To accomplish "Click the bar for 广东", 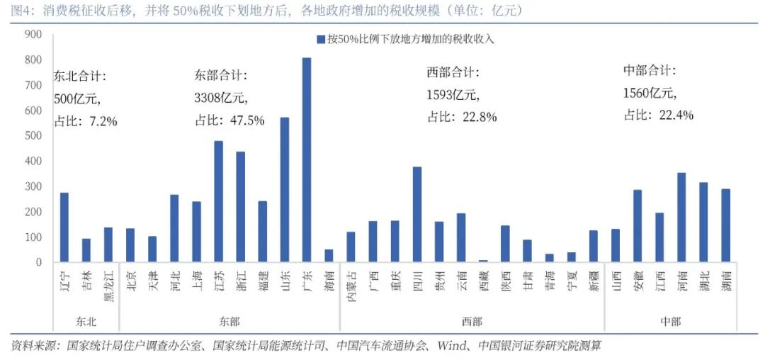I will tap(307, 160).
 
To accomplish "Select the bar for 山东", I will tap(285, 190).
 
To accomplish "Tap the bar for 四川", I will tap(417, 215).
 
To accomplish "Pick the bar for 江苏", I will tap(219, 202).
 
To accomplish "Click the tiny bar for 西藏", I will tap(483, 261).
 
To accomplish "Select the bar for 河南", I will tap(681, 218).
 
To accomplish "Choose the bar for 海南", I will tap(329, 256).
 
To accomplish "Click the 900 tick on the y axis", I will tap(33, 35).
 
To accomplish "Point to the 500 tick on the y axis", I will tap(33, 136).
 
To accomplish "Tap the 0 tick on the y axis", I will tap(40, 263).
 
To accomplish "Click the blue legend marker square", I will tap(321, 39).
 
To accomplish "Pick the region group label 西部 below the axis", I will tap(472, 322).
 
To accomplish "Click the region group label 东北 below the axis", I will tap(86, 322).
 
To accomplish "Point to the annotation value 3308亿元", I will tap(222, 98).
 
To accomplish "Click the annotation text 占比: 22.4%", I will tap(658, 115).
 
